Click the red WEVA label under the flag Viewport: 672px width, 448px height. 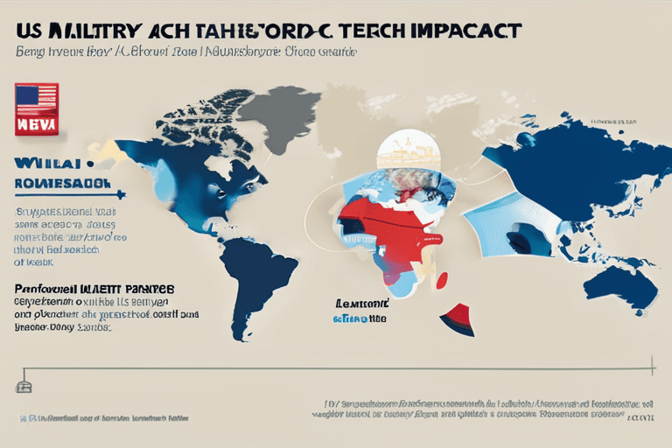coord(37,123)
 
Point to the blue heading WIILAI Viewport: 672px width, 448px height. coord(47,163)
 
